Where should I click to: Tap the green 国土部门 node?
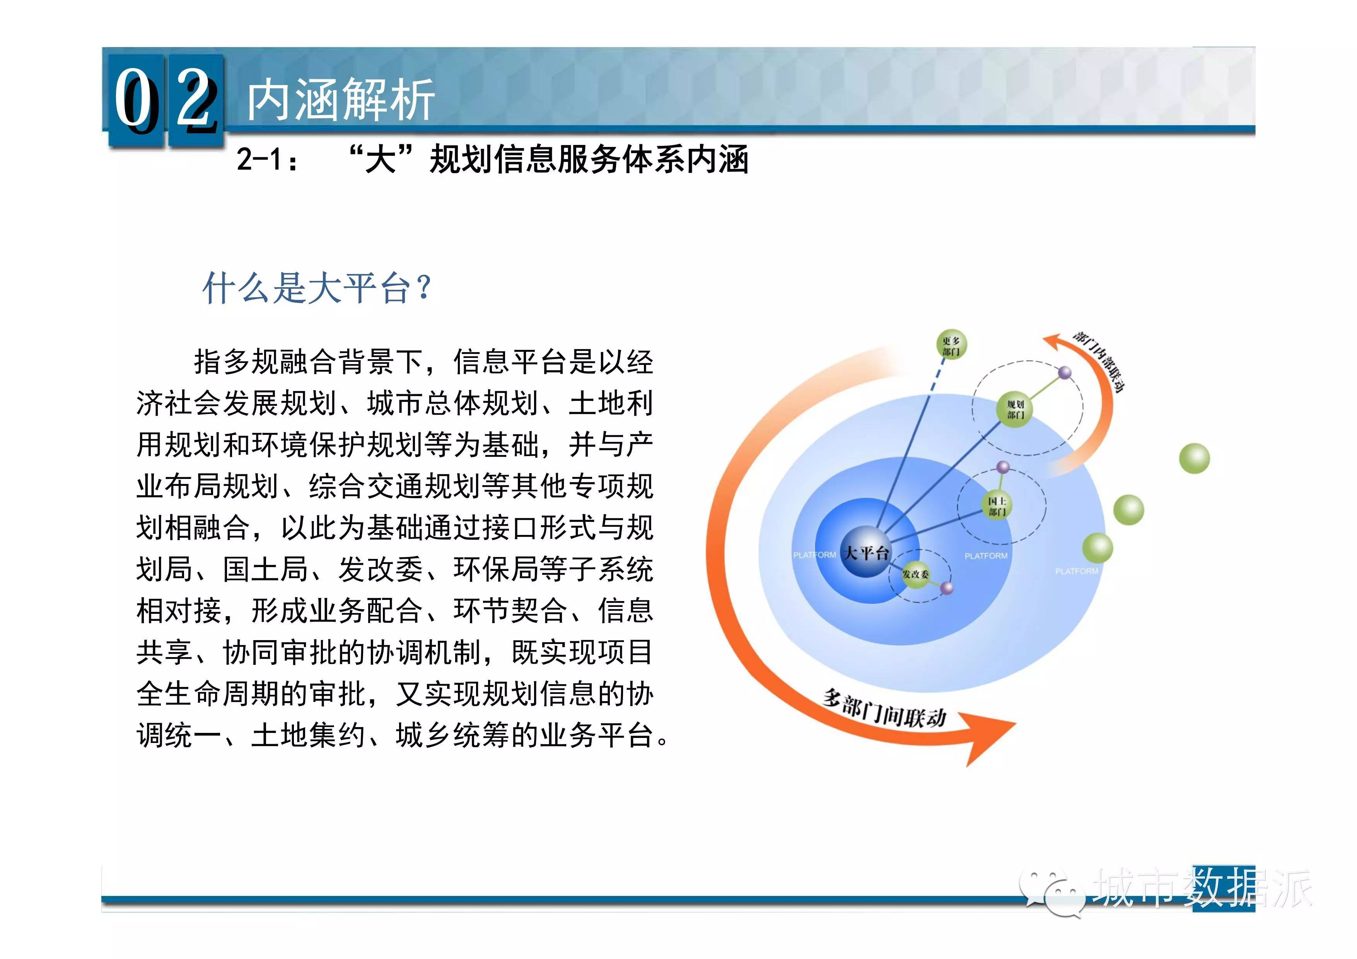997,505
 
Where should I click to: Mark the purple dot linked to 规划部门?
1064,373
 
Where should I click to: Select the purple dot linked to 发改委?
947,588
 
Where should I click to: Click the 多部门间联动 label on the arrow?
884,708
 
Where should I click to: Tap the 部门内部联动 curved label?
1099,360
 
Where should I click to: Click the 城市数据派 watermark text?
1203,887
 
